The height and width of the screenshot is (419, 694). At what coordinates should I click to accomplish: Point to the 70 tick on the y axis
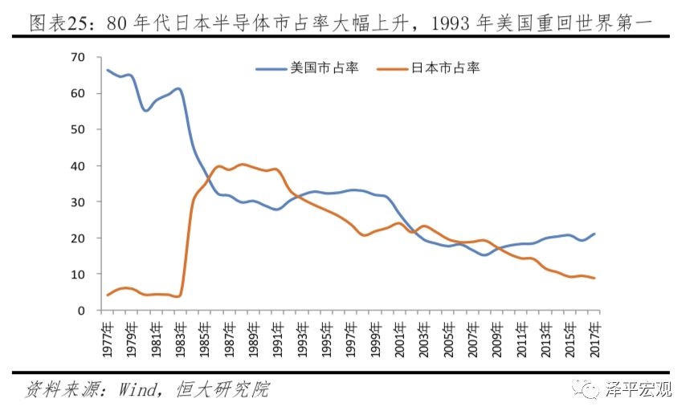tap(77, 57)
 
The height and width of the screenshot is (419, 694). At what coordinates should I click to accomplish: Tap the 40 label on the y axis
tap(77, 165)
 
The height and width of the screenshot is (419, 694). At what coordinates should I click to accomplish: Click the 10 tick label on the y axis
tap(77, 275)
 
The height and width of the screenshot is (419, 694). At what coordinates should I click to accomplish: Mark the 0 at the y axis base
tap(80, 311)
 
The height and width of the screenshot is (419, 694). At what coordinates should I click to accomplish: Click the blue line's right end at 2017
tap(594, 234)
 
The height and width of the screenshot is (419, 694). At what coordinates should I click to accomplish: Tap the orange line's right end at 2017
tap(594, 279)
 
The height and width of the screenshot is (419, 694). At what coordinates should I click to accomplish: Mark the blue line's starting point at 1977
tap(108, 70)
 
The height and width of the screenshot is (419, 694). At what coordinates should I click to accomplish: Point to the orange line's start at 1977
tap(108, 295)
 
